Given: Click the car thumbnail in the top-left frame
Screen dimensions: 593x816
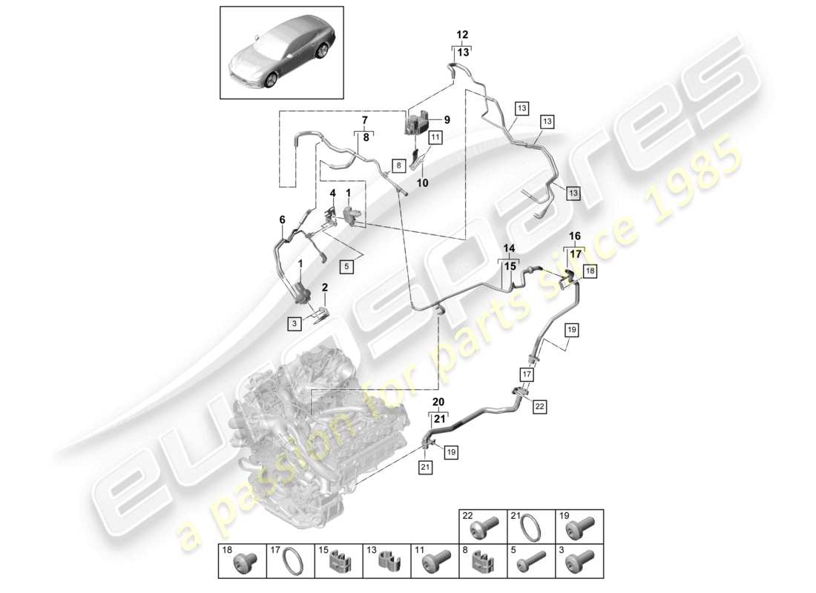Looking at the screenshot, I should (281, 53).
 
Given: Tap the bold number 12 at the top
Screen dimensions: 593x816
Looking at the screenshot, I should (462, 35).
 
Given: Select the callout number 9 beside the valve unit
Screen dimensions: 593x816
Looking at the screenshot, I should (447, 119).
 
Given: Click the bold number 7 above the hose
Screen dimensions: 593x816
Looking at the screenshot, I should (364, 121).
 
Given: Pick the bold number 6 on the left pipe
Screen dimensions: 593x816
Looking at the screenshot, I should (282, 219).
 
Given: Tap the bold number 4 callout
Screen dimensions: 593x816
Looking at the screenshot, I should (333, 193).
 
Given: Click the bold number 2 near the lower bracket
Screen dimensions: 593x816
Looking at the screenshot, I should (324, 286).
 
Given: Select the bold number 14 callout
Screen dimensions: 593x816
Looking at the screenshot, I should (509, 248).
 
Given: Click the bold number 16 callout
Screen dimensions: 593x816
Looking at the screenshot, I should (574, 235).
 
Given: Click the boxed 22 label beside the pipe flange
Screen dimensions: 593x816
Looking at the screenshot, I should (539, 406).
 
